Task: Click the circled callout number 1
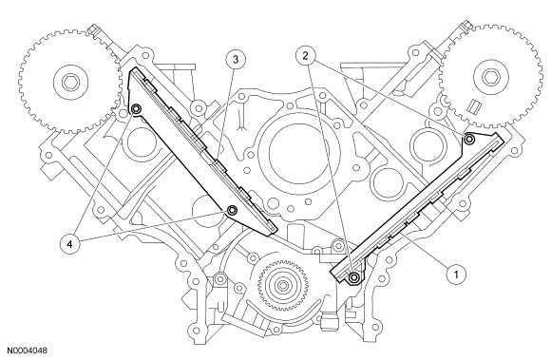coord(456,274)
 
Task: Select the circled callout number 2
coord(305,55)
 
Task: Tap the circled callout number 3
coord(235,59)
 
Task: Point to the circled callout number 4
coord(69,244)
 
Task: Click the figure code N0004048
coord(27,351)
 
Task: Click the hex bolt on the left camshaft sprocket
coord(68,83)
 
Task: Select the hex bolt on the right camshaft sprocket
coord(490,77)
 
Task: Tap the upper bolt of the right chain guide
coord(469,140)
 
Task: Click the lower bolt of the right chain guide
coord(354,277)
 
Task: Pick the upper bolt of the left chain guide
coord(136,109)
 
